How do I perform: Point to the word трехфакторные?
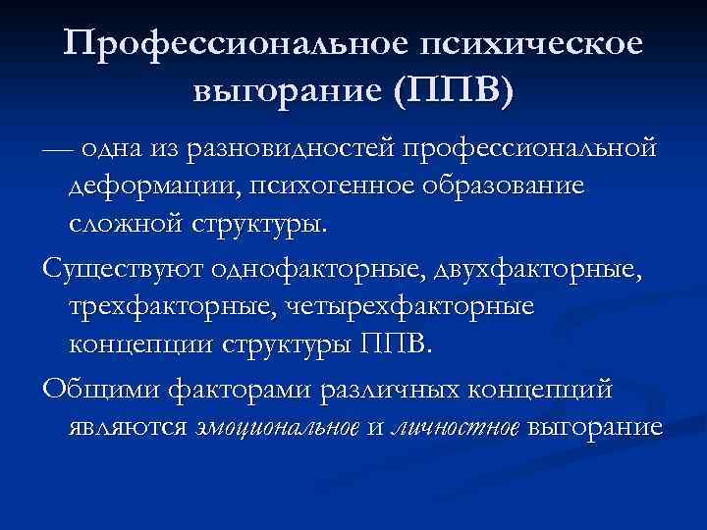click(166, 306)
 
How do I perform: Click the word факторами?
click(245, 389)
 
